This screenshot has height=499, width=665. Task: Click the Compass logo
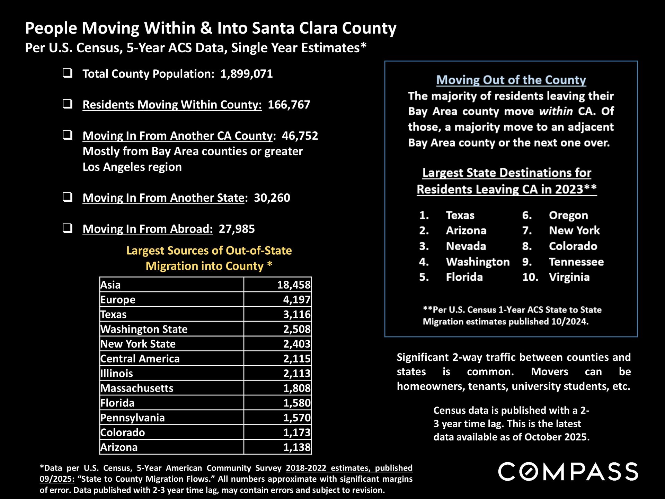[x=568, y=471]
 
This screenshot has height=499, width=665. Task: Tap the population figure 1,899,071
[x=247, y=74]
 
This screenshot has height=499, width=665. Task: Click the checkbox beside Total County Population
[x=68, y=73]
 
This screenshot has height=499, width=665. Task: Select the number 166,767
[x=289, y=105]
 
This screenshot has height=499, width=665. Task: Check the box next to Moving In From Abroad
[x=68, y=228]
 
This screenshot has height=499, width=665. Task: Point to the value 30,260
[x=272, y=198]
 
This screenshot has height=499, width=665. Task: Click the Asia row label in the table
[x=111, y=285]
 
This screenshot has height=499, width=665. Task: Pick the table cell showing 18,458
[x=294, y=285]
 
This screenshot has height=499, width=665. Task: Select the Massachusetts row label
[x=137, y=388]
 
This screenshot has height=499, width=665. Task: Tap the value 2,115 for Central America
[x=297, y=359]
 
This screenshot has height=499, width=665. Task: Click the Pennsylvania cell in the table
[x=133, y=418]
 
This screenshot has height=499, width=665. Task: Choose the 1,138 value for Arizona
[x=297, y=447]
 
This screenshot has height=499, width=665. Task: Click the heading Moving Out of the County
[x=511, y=80]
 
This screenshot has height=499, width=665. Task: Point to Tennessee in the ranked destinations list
[x=576, y=262]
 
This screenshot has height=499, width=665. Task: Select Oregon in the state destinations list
[x=568, y=216]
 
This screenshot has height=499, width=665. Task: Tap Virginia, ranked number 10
[x=569, y=277]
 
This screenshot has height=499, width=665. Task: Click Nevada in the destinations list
[x=466, y=246]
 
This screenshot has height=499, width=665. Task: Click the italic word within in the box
[x=556, y=111]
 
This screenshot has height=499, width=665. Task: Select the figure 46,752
[x=300, y=136]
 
